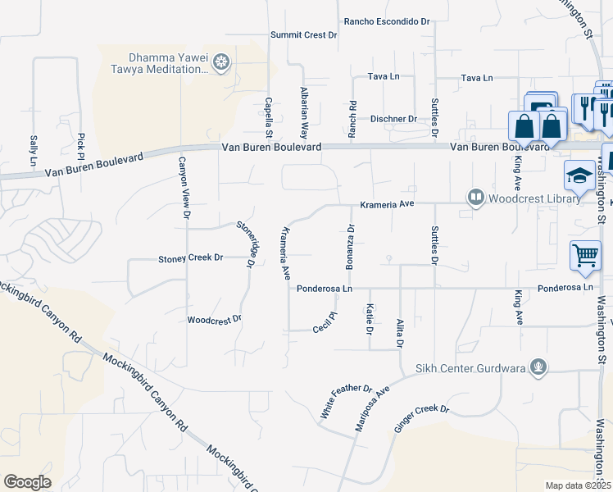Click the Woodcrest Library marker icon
pyautogui.click(x=475, y=198)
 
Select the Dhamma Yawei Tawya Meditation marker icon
pyautogui.click(x=220, y=61)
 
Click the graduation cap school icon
pyautogui.click(x=579, y=175)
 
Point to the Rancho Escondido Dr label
pyautogui.click(x=387, y=21)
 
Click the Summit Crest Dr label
pyautogui.click(x=304, y=35)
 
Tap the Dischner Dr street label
pyautogui.click(x=393, y=119)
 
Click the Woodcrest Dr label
pyautogui.click(x=215, y=319)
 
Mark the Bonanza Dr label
pyautogui.click(x=350, y=246)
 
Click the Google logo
pyautogui.click(x=27, y=481)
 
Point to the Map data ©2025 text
pyautogui.click(x=579, y=485)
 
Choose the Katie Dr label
pyautogui.click(x=370, y=318)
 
